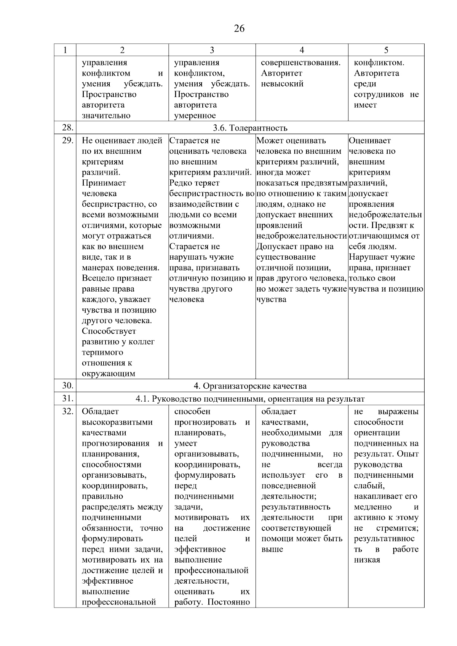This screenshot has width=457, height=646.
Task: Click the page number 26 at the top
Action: point(239,29)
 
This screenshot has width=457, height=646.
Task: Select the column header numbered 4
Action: point(302,50)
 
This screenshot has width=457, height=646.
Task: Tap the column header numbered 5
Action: point(386,50)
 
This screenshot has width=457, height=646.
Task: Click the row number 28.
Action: point(67,128)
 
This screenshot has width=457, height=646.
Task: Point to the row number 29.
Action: point(67,140)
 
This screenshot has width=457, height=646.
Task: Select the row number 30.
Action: point(67,386)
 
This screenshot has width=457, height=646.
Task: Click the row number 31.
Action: point(67,399)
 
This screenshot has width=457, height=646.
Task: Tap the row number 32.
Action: point(67,412)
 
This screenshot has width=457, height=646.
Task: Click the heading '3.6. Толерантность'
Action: point(250,128)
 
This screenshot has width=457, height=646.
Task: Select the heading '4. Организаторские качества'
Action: point(250,386)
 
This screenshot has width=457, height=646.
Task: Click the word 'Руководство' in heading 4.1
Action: point(174,399)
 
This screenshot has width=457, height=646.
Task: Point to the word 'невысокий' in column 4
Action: point(282,84)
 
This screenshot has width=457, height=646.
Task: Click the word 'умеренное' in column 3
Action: point(195,116)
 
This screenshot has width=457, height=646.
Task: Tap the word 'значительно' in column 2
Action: point(106,116)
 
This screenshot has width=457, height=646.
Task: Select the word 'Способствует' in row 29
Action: point(109,331)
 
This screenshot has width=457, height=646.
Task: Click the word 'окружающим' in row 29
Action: point(108,374)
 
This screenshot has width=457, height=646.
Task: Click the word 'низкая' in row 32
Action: point(367,560)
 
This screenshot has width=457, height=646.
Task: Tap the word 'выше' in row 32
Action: point(272,549)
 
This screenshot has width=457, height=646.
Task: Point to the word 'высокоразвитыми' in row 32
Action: point(117,422)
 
